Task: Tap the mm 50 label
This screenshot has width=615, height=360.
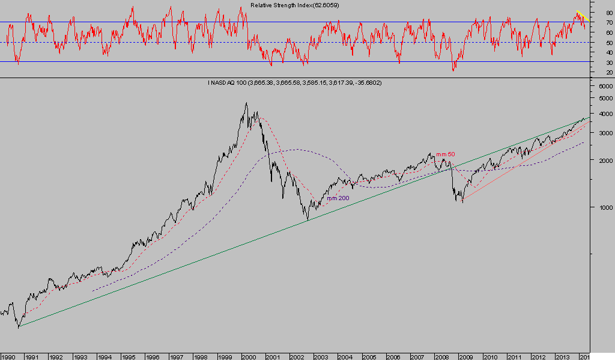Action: click(x=445, y=154)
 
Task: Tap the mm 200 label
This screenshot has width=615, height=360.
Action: click(x=338, y=198)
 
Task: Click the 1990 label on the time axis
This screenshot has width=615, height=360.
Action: click(x=8, y=356)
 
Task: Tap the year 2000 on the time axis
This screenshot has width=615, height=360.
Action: click(x=249, y=356)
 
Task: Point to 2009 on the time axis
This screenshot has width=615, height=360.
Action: click(x=467, y=356)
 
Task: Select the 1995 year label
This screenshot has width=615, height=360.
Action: click(x=129, y=356)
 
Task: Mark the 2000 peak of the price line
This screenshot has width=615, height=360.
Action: click(x=246, y=103)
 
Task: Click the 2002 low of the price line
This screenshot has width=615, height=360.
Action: click(x=307, y=220)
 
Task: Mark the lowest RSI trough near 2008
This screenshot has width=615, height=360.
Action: click(x=453, y=70)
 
